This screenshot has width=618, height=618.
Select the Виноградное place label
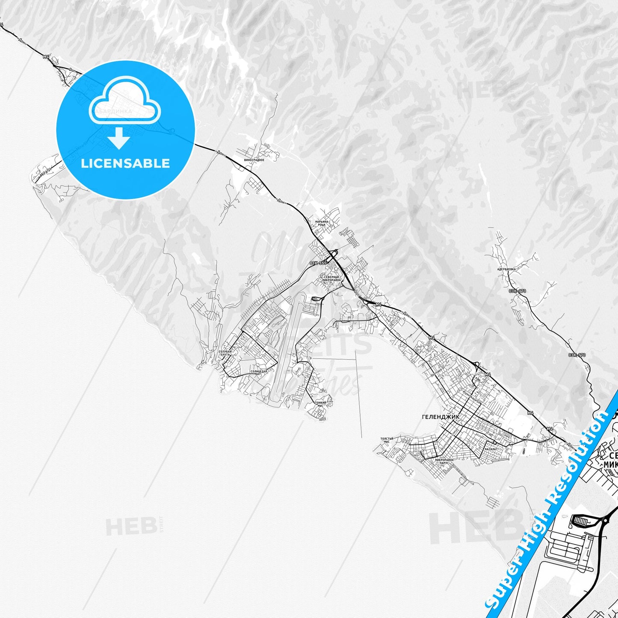point(254,160)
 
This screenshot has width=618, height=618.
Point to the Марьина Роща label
point(322,223)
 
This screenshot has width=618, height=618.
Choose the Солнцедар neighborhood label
point(259,372)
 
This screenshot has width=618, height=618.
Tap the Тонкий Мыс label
point(321,404)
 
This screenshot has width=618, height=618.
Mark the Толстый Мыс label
point(387,441)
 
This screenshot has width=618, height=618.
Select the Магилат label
point(491,449)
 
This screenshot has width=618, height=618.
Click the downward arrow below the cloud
point(119,139)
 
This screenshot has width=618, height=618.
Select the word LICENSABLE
point(125,163)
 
